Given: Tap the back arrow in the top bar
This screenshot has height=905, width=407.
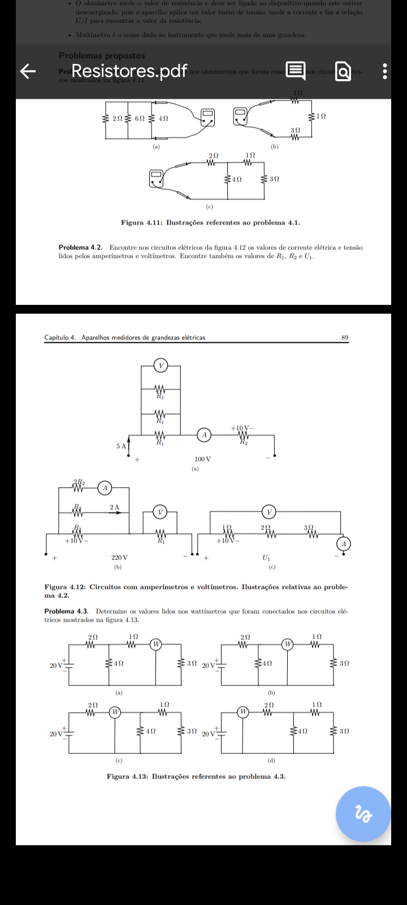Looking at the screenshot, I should [x=28, y=71].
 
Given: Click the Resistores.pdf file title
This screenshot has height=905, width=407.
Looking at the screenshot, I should [x=129, y=71].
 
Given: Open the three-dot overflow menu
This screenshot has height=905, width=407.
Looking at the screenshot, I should [x=385, y=71].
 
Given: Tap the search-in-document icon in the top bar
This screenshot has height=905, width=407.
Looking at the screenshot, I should [x=343, y=71].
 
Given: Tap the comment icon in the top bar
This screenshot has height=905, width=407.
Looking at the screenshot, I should [x=295, y=71].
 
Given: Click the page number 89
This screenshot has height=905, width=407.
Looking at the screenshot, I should [x=345, y=338].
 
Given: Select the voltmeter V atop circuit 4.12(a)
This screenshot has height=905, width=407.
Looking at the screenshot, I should [x=161, y=366].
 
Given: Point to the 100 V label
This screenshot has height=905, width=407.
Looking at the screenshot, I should [x=202, y=459].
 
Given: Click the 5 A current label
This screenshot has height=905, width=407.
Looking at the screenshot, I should [x=121, y=446].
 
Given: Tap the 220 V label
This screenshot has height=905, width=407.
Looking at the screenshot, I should [x=119, y=558].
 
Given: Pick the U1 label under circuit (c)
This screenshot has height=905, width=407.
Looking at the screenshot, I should [x=266, y=558].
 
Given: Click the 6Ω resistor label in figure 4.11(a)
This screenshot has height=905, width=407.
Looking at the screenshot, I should [x=139, y=119].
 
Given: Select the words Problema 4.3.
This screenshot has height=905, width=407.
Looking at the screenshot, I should [x=66, y=611].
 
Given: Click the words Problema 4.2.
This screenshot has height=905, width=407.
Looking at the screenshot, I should [x=80, y=248].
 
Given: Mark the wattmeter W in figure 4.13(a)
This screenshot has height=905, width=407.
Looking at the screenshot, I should [x=156, y=644].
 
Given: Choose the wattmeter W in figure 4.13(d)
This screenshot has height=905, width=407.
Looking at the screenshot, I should [x=243, y=712].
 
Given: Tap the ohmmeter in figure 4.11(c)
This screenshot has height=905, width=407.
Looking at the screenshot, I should [x=156, y=178].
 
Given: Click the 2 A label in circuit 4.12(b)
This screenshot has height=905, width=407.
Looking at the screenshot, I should [x=114, y=507].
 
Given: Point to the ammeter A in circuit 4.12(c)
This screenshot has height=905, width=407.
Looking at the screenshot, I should [x=343, y=544].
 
